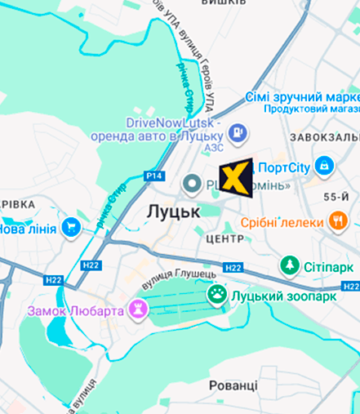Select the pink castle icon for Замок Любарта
click(137, 310)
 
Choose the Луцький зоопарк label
click(283, 296)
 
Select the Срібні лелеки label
click(282, 221)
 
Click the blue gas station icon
click(237, 130)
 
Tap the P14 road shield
click(154, 176)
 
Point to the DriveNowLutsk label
click(169, 122)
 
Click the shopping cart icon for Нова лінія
click(71, 228)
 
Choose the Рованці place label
click(233, 384)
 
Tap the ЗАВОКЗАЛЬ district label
click(325, 137)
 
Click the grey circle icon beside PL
click(193, 185)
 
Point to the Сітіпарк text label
click(329, 267)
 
